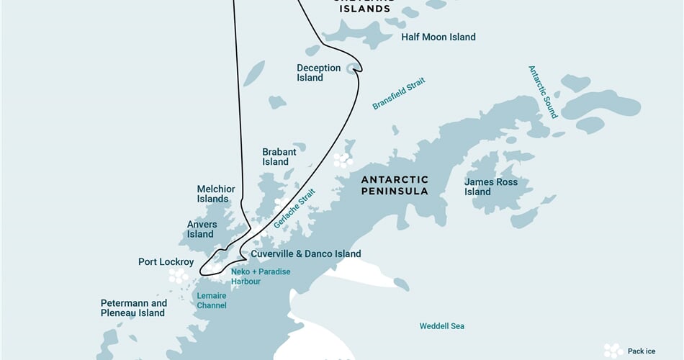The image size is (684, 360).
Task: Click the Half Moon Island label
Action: pos(438,37)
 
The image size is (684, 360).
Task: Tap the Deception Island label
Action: pos(318,73)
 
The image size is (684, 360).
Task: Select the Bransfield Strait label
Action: pos(399,94)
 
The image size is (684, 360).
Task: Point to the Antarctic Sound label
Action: pos(544,92)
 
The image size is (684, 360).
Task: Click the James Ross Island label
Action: pos(491,187)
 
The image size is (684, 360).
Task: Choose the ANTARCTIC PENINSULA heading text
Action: pos(395,185)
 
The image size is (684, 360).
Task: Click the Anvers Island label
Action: pos(202,229)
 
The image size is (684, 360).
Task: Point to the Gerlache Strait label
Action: pos(294,209)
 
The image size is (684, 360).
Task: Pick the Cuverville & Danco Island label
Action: pos(306,254)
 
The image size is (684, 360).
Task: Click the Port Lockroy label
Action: pos(166,262)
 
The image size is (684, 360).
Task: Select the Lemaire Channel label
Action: pos(212,300)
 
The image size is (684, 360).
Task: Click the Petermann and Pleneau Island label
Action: pos(133,308)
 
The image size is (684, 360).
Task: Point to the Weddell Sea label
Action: pos(442,326)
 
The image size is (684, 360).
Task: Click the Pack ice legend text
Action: pos(642,351)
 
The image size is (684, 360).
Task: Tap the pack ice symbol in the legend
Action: pos(613,351)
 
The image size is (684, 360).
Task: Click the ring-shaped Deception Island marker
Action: pos(353,68)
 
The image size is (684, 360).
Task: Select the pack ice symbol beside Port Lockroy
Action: pos(178,276)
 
